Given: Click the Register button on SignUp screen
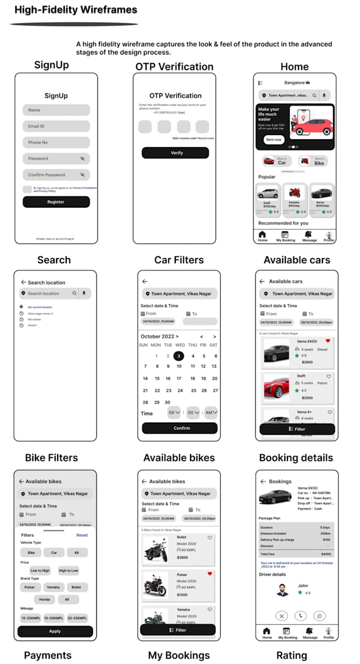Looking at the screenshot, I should point(56,202).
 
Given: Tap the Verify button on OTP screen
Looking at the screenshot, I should point(175,153).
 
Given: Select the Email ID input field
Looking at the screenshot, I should point(56,127).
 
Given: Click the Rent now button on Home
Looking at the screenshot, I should point(274,139).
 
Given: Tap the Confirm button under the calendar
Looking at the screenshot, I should point(179,428).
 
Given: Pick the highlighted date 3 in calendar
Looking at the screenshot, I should point(179,356).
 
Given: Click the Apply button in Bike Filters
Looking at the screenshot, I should point(55,631).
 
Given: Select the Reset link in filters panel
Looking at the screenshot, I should point(82,535).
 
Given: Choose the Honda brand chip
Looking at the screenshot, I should point(44,599).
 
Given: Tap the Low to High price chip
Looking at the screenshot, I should point(40,570).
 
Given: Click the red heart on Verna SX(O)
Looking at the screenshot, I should point(328,341).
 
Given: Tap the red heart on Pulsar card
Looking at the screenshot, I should point(210,574).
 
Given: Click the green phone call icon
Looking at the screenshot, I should point(300,616).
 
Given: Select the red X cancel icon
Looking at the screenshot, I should point(282,616).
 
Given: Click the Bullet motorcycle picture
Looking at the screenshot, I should point(155,550).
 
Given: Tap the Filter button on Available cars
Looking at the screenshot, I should point(296,429).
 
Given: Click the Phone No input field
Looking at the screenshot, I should point(56,142).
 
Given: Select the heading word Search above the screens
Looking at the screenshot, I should point(54,260).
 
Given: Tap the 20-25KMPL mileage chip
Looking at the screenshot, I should point(77,618).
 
